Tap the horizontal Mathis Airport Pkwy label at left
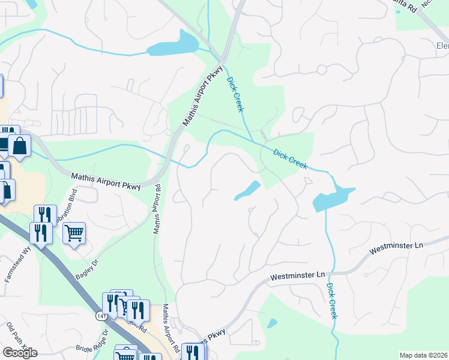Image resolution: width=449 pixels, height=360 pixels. pos(106,181)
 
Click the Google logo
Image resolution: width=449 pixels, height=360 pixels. pos(20,352)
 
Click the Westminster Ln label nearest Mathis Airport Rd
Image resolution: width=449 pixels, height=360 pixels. pos(297,277)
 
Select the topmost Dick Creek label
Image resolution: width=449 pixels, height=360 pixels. pos(235,94)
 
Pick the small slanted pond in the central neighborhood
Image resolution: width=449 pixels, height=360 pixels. pos(247,190)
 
